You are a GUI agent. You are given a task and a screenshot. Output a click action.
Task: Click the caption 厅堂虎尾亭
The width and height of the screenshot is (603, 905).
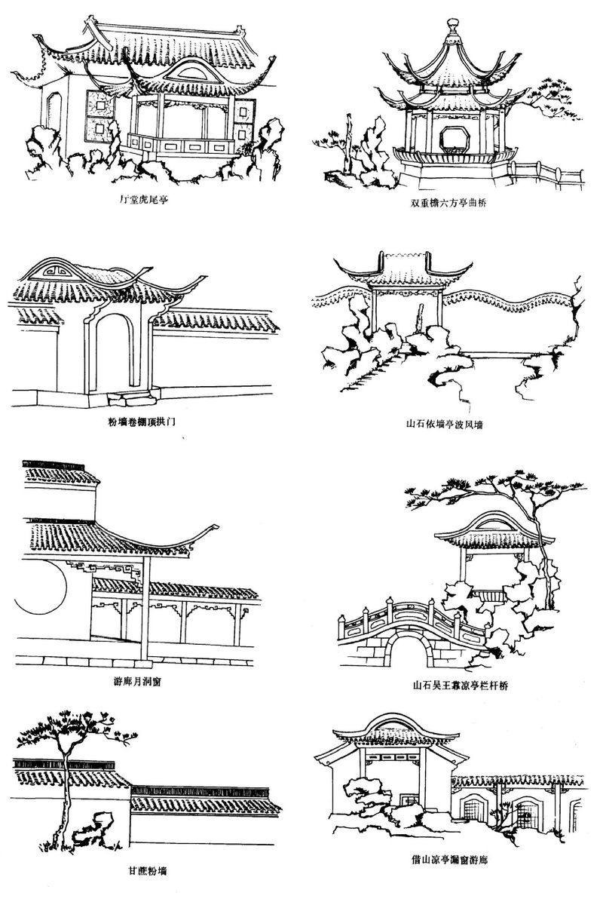pos(145,201)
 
